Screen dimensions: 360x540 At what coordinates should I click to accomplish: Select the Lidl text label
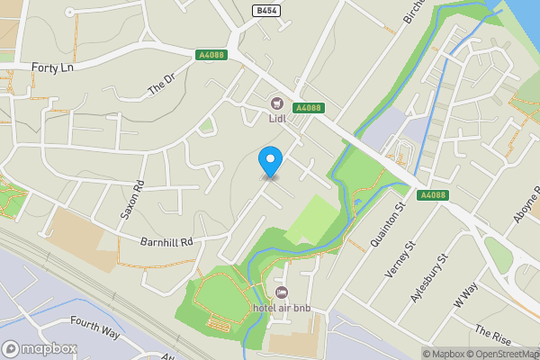pyautogui.click(x=276, y=117)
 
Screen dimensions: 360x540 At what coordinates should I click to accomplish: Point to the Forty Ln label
pyautogui.click(x=51, y=67)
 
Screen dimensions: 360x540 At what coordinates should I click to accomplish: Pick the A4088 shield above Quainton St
pyautogui.click(x=432, y=194)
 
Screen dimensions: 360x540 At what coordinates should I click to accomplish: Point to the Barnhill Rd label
pyautogui.click(x=167, y=241)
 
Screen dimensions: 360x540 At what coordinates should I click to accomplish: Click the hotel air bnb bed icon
pyautogui.click(x=282, y=293)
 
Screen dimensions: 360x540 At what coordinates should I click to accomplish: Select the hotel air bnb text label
pyautogui.click(x=281, y=309)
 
